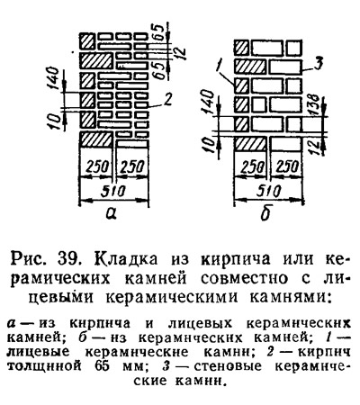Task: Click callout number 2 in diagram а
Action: (x=167, y=99)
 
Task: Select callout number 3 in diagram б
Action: (x=318, y=64)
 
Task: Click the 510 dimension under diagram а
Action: (x=112, y=191)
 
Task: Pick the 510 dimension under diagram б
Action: (x=269, y=191)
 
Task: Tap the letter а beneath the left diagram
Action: (x=112, y=213)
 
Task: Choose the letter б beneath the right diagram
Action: (x=265, y=213)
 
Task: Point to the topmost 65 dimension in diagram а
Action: (x=160, y=31)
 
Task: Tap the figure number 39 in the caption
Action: (x=67, y=259)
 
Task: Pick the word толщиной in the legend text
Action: (x=44, y=366)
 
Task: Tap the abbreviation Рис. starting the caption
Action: (x=29, y=259)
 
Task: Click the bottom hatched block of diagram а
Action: (x=96, y=139)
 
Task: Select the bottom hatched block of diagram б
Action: (x=250, y=143)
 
